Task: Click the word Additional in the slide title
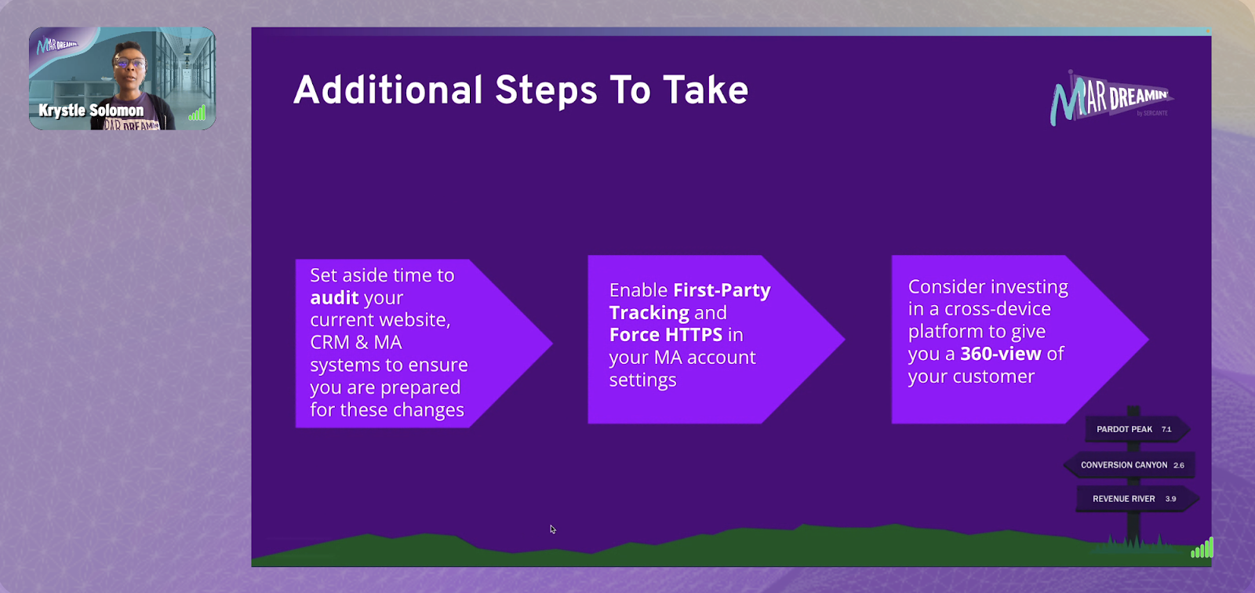coord(387,89)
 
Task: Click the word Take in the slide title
coord(705,89)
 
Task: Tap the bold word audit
coord(334,297)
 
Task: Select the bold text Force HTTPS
coord(666,335)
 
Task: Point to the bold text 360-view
coord(1001,354)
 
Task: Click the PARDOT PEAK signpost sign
coord(1137,429)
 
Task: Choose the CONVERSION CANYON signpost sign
coord(1129,465)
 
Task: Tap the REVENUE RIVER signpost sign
coord(1137,499)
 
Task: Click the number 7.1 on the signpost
coord(1166,429)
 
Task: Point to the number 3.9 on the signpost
coord(1170,499)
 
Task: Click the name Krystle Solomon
coord(91,111)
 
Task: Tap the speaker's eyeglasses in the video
coord(129,62)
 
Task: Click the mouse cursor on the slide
coord(552,529)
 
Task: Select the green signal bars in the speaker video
coord(197,113)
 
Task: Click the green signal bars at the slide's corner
coord(1202,548)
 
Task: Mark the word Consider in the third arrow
coord(946,286)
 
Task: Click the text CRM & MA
coord(356,342)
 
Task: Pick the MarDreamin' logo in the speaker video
coord(57,45)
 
